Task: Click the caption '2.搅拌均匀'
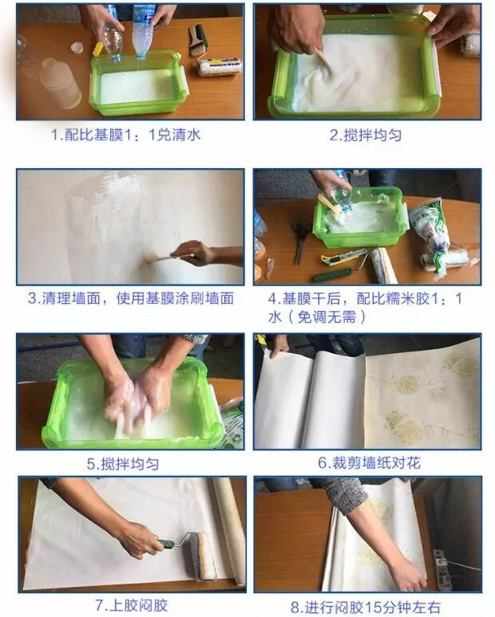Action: (x=366, y=135)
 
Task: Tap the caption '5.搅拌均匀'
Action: (x=123, y=464)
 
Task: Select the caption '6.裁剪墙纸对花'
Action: (x=370, y=462)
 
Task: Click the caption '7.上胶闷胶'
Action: (x=132, y=605)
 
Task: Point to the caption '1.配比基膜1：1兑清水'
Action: (x=125, y=135)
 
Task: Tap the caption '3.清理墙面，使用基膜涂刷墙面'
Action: (x=131, y=298)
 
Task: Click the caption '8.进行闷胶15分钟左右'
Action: (x=366, y=607)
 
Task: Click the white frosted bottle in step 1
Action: (x=61, y=84)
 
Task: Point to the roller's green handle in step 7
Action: (x=166, y=544)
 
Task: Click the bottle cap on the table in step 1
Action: (x=77, y=48)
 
